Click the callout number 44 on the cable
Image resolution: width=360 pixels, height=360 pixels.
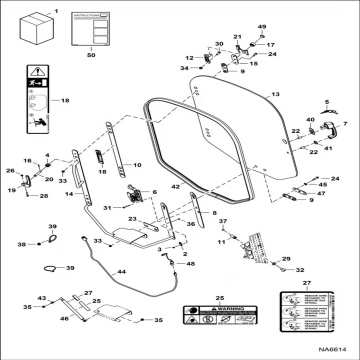(122, 271)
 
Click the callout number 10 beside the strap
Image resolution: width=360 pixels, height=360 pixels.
(138, 163)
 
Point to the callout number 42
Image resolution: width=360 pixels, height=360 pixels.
(175, 186)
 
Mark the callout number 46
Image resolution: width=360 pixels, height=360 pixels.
(65, 317)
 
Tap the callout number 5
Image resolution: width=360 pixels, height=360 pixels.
(326, 103)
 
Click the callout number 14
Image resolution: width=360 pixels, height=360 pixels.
(69, 194)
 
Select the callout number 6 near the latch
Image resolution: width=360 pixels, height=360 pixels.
(153, 191)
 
